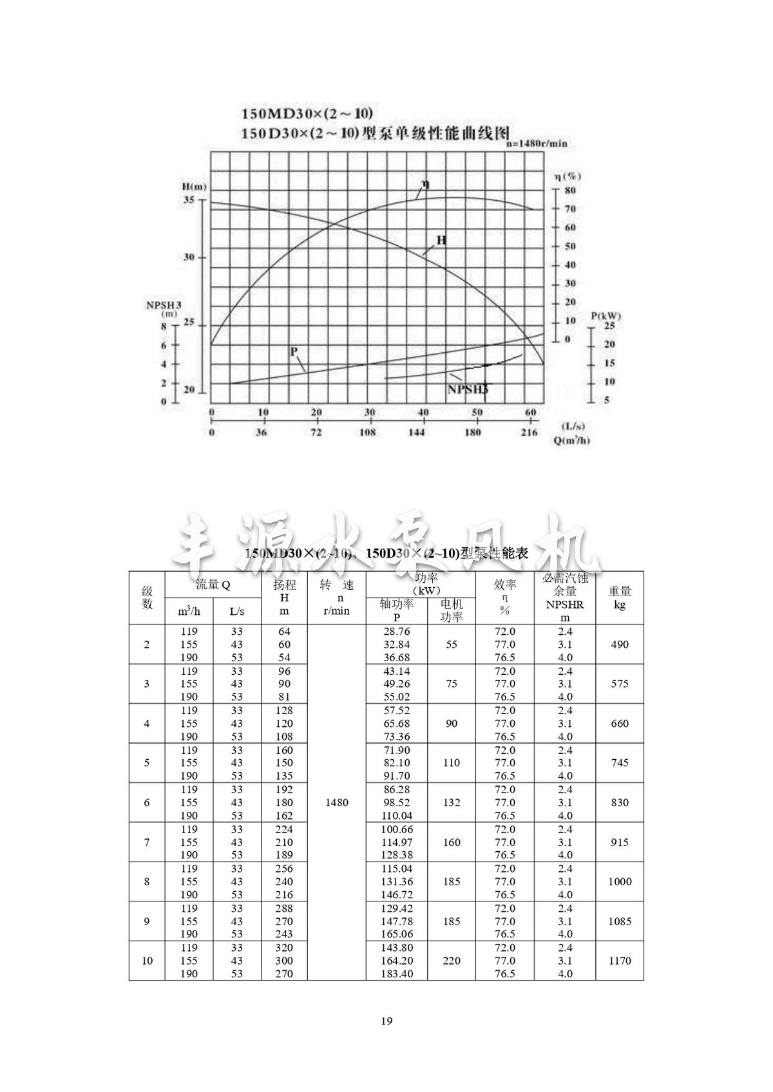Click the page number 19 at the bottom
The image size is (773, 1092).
pyautogui.click(x=386, y=1021)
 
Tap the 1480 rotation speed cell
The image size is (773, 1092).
pyautogui.click(x=337, y=802)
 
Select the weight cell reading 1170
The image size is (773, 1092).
pyautogui.click(x=620, y=961)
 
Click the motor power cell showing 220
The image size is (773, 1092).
pyautogui.click(x=452, y=961)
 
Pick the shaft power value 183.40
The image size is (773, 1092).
pyautogui.click(x=397, y=974)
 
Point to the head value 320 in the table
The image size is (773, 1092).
pyautogui.click(x=284, y=948)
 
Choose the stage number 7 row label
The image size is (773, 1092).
pyautogui.click(x=147, y=842)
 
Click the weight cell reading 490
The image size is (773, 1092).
pyautogui.click(x=620, y=645)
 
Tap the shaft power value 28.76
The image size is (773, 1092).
pyautogui.click(x=397, y=632)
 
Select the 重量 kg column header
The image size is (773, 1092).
pyautogui.click(x=620, y=598)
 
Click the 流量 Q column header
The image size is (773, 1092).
pyautogui.click(x=213, y=585)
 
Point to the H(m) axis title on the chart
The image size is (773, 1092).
pyautogui.click(x=195, y=187)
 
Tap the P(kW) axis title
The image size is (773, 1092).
pyautogui.click(x=606, y=315)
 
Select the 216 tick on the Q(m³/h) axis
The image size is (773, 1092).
pyautogui.click(x=529, y=433)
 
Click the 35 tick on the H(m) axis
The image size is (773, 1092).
pyautogui.click(x=189, y=200)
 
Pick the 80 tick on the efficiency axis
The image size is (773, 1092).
pyautogui.click(x=570, y=191)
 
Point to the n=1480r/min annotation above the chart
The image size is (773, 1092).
pyautogui.click(x=537, y=143)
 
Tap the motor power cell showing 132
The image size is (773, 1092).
pyautogui.click(x=452, y=802)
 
